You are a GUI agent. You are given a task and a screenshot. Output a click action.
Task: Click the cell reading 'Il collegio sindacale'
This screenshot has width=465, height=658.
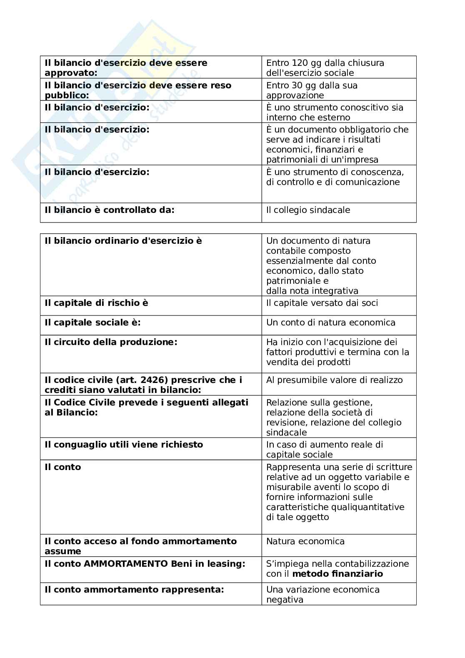pos(308,210)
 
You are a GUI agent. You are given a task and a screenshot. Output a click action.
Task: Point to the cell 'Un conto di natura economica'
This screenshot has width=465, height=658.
pos(330,323)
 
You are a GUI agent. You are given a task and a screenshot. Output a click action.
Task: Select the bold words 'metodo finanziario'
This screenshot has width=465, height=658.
pos(337,574)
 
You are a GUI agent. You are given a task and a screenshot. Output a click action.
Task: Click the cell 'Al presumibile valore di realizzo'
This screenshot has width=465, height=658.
pos(334,380)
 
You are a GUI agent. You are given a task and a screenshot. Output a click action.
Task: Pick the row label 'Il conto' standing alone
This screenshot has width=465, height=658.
pos(62,467)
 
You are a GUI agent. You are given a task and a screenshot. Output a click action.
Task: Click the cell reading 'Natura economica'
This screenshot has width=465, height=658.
pos(305,542)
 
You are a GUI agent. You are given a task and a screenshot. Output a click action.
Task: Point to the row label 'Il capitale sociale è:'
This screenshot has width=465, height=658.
pos(92,323)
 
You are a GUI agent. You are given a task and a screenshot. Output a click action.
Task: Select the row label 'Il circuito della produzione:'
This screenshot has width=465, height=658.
pos(111,342)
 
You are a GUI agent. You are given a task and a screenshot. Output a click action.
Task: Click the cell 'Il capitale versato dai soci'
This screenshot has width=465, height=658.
pos(322,303)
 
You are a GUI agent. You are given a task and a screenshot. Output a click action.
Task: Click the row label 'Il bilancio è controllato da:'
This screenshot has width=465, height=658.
pos(109,210)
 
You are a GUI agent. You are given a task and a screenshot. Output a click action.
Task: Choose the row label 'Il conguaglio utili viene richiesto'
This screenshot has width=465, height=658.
pos(124,445)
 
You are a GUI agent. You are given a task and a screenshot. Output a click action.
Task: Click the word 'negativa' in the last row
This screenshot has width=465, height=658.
pos(285,600)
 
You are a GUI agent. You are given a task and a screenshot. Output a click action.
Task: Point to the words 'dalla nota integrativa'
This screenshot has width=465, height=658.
pos(312,291)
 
